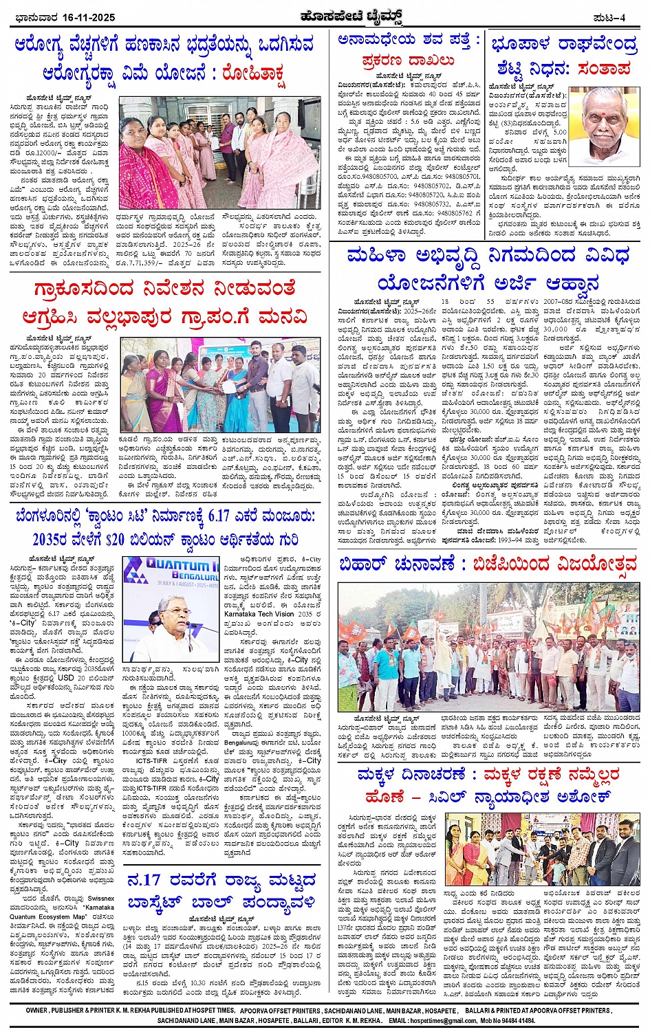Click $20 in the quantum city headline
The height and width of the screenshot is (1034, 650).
pyautogui.click(x=136, y=540)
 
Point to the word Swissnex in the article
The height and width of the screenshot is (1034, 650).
pyautogui.click(x=101, y=899)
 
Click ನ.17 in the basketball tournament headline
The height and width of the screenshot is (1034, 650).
pyautogui.click(x=144, y=881)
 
